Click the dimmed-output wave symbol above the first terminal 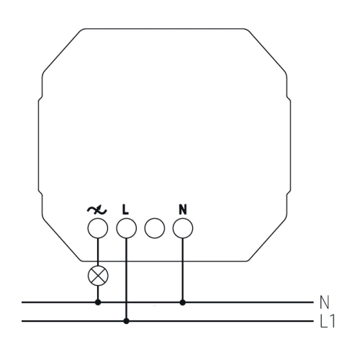[97, 210]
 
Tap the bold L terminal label [125, 210]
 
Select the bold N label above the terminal [183, 210]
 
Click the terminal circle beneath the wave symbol [98, 228]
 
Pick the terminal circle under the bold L [127, 228]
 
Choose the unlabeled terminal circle [155, 228]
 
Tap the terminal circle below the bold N [183, 228]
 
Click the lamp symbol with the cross [98, 276]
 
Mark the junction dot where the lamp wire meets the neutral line [98, 302]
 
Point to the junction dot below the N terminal [183, 302]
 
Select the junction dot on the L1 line [127, 321]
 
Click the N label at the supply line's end [325, 302]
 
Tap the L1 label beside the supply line [328, 321]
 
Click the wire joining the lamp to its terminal [98, 252]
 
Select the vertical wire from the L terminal [127, 279]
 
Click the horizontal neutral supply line [168, 302]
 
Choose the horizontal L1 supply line [168, 321]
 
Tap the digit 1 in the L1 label [332, 321]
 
